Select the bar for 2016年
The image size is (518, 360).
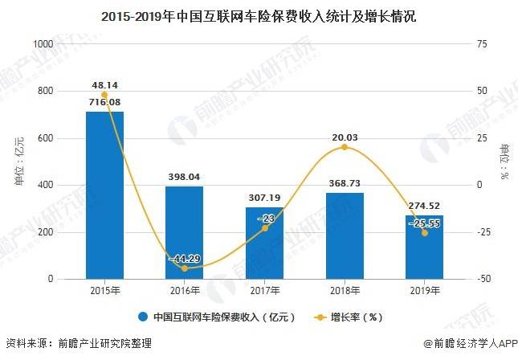pyautogui.click(x=184, y=233)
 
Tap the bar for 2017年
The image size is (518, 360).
pyautogui.click(x=264, y=243)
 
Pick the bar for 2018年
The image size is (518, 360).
pyautogui.click(x=345, y=236)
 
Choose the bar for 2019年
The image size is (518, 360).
pyautogui.click(x=424, y=247)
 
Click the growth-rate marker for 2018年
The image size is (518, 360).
pyautogui.click(x=345, y=147)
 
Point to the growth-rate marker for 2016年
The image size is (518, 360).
pyautogui.click(x=184, y=268)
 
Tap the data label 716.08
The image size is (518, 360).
pyautogui.click(x=104, y=102)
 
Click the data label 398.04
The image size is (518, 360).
pyautogui.click(x=184, y=177)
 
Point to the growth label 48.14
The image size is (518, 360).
pyautogui.click(x=104, y=84)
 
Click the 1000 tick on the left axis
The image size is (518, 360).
pyautogui.click(x=44, y=44)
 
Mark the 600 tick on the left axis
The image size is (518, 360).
pyautogui.click(x=47, y=138)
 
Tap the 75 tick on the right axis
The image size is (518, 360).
pyautogui.click(x=482, y=44)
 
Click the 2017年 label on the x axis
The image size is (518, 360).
pyautogui.click(x=264, y=291)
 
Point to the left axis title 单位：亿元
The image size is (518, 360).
pyautogui.click(x=19, y=162)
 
